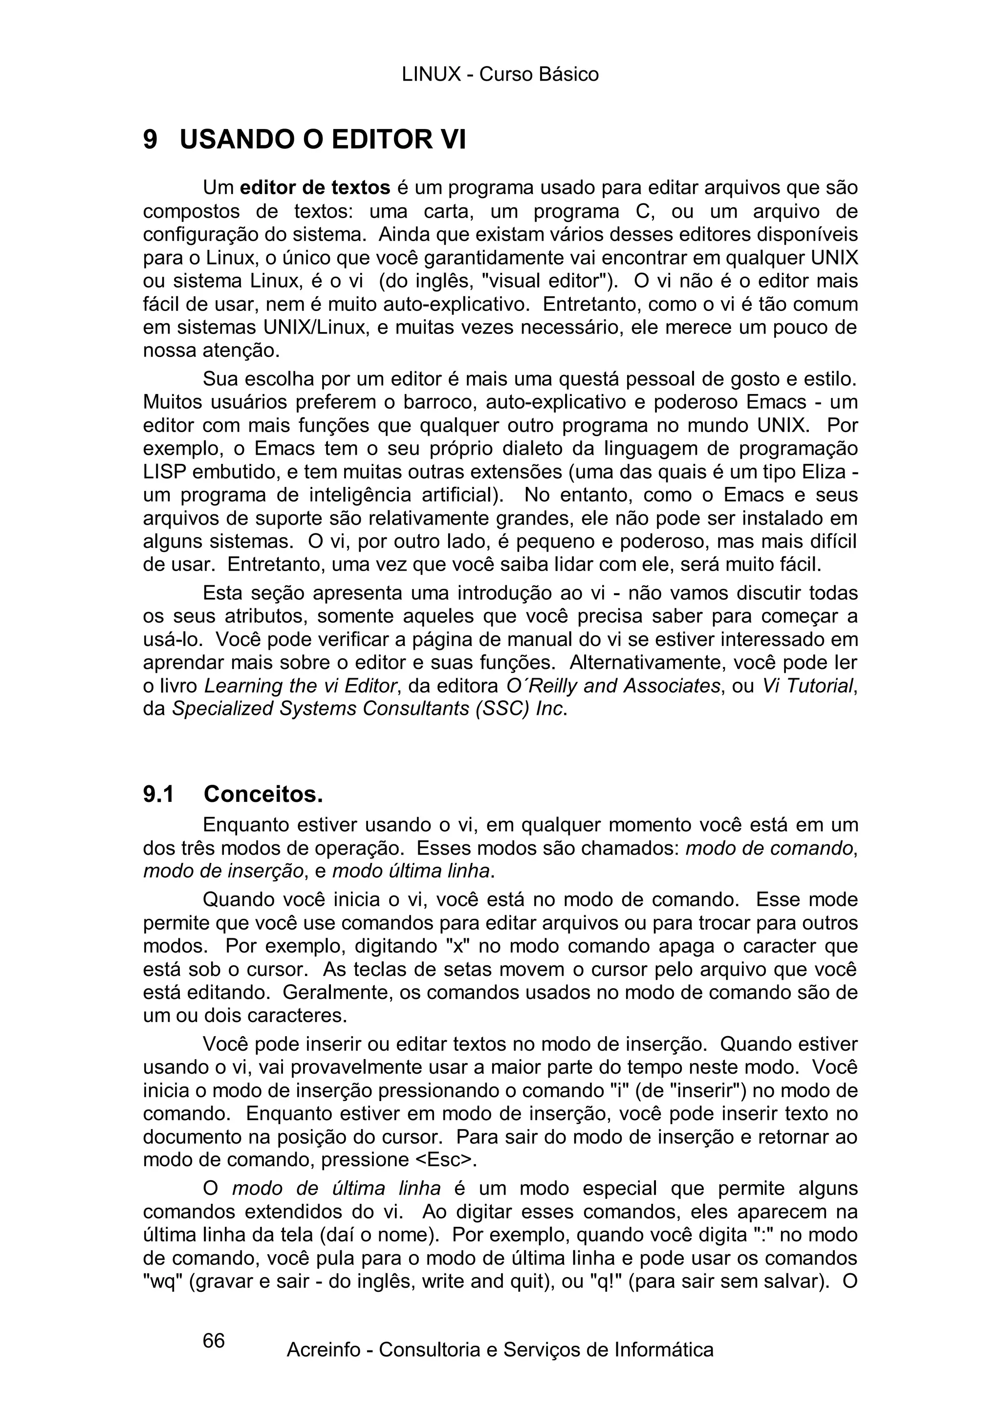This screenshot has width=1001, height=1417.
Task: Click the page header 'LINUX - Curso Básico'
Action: click(500, 75)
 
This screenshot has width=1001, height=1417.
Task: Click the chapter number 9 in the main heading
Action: click(150, 140)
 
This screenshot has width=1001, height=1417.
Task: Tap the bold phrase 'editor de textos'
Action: click(315, 188)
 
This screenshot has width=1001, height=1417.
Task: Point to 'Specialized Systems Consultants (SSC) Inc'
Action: click(368, 709)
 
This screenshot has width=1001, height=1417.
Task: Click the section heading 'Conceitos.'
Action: click(263, 794)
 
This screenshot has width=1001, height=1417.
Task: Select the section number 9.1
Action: click(158, 794)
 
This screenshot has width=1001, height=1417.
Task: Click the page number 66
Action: click(214, 1340)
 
